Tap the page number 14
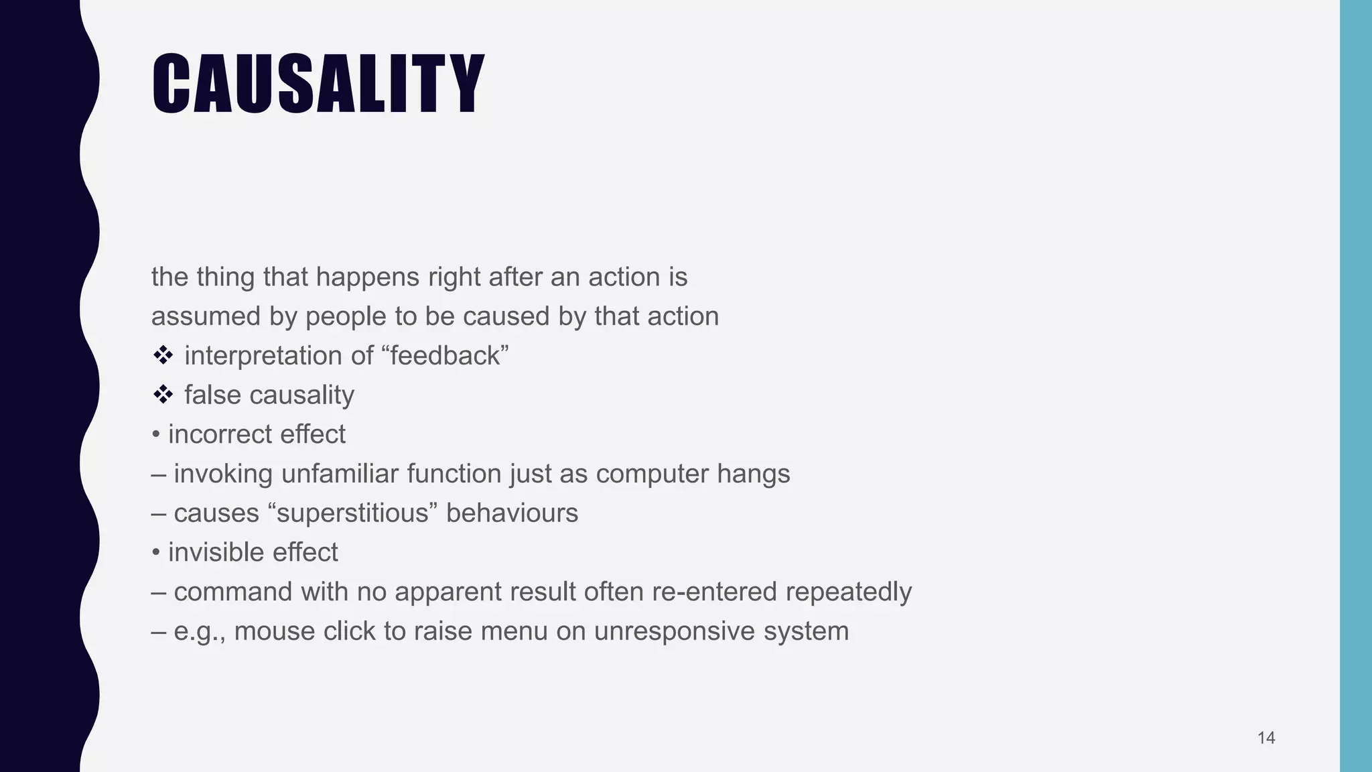(x=1265, y=738)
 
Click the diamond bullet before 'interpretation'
(x=163, y=356)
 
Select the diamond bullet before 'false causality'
(x=163, y=395)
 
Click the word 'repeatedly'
(x=848, y=592)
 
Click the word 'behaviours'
(x=512, y=513)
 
